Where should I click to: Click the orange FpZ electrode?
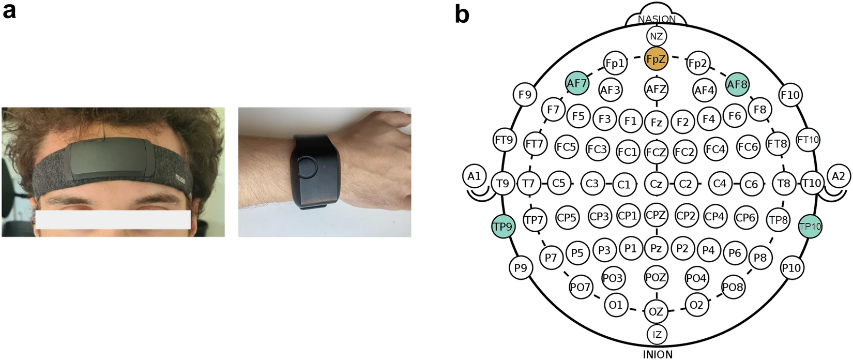click(657, 59)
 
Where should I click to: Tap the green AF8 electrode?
click(737, 84)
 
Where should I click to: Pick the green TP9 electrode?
click(503, 226)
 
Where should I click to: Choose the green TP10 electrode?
click(810, 226)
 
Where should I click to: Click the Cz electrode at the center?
click(656, 184)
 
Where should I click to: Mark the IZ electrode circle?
click(657, 334)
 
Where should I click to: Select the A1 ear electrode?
click(475, 176)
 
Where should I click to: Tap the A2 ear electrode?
click(838, 176)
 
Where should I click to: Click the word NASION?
click(657, 19)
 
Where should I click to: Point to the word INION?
click(658, 354)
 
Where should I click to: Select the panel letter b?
click(462, 13)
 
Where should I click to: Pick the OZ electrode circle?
click(656, 311)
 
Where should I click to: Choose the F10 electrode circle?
click(791, 95)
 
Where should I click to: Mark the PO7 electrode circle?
click(580, 287)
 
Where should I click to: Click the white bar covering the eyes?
click(113, 220)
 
